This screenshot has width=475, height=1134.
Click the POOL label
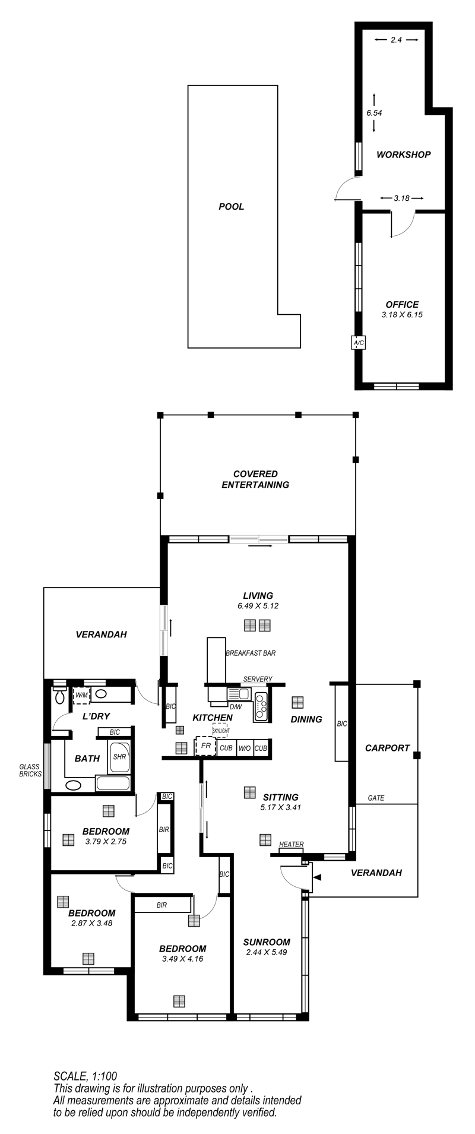pos(231,207)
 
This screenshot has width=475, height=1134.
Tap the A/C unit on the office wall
pos(358,343)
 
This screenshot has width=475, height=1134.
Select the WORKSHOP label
pos(404,154)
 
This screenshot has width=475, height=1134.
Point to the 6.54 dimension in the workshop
pos(373,112)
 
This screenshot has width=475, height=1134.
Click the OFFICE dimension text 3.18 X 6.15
pos(402,315)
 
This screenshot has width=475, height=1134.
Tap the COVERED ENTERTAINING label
pos(255,479)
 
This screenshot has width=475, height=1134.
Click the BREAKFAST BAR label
pos(251,653)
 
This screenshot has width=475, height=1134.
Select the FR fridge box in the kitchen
pos(205,747)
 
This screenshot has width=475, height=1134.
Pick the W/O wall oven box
pos(245,748)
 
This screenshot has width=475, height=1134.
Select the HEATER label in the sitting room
pos(291,844)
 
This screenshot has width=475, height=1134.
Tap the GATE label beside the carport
pos(376,798)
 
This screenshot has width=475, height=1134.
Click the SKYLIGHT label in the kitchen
pos(220,731)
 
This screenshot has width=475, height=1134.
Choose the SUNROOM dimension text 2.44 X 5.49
pos(267,952)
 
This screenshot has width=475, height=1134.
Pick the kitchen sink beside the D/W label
pos(239,694)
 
